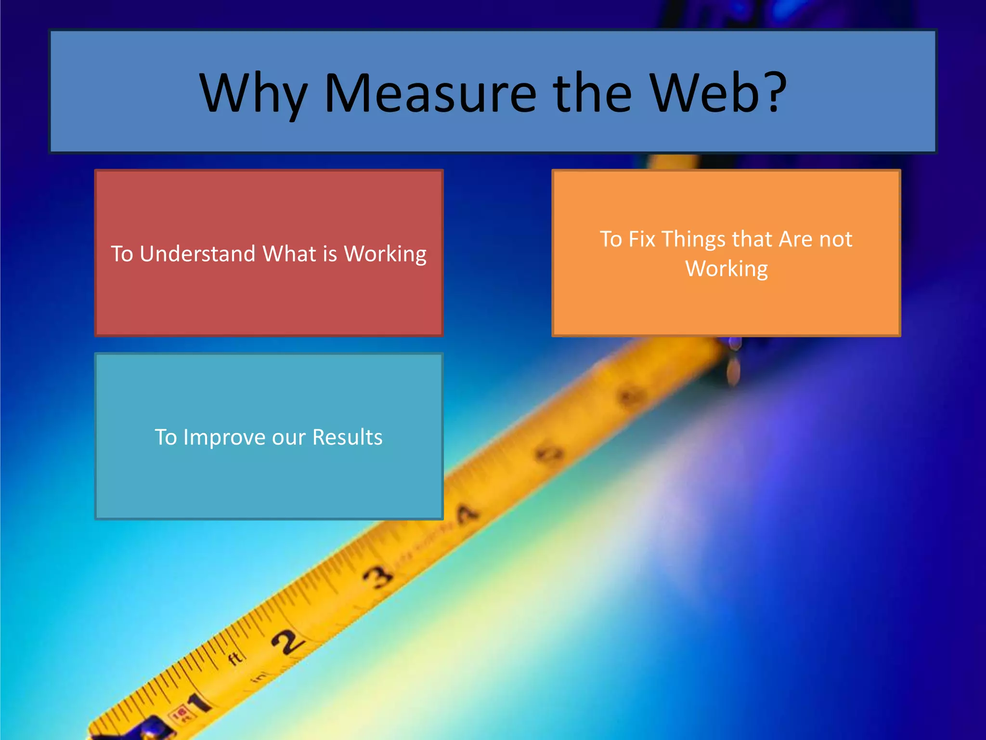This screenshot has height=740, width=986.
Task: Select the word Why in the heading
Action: tap(254, 94)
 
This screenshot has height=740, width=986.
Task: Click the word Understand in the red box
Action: tap(197, 254)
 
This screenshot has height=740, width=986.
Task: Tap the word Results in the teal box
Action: tap(347, 437)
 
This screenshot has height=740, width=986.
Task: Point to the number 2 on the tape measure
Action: tap(288, 641)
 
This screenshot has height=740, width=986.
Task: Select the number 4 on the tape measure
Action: tap(466, 514)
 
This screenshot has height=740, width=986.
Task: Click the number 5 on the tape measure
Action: tap(550, 454)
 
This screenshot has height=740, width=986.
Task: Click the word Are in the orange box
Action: tap(795, 239)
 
